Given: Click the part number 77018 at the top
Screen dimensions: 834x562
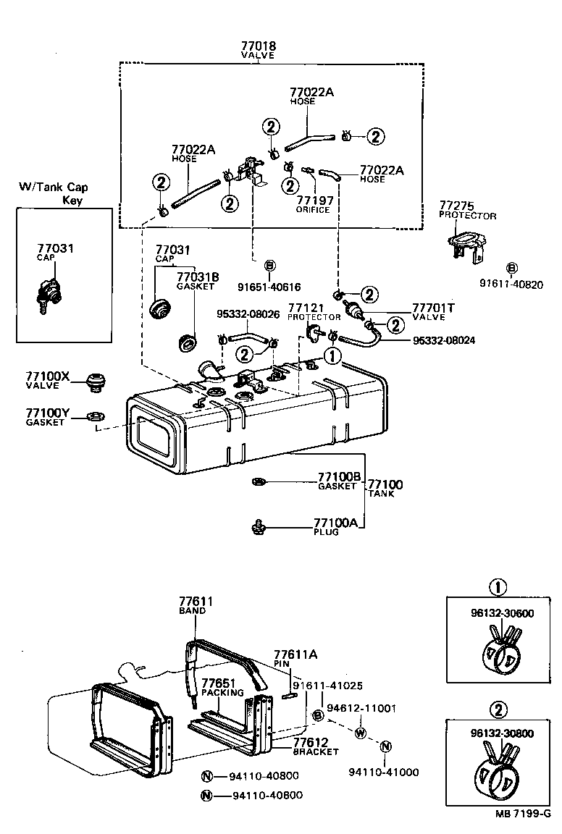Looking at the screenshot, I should [258, 46].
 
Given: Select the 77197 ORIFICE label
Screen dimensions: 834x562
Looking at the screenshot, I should [312, 205].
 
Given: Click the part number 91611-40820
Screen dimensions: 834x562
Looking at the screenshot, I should [511, 284].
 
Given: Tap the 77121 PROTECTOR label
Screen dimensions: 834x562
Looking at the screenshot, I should [314, 312].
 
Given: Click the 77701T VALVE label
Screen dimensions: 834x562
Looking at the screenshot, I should [433, 311].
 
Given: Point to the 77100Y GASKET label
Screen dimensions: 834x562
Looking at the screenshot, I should [47, 416].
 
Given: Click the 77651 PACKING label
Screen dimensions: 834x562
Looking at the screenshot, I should [218, 687].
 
